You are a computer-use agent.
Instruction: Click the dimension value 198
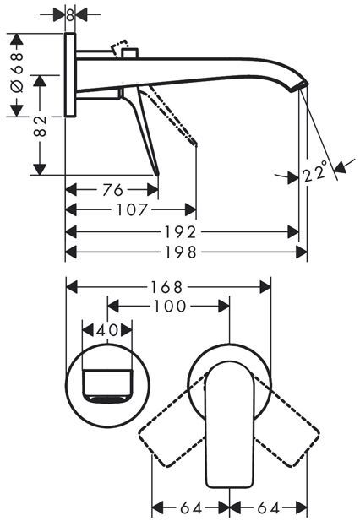pos(181,252)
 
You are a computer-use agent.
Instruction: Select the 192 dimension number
pos(181,232)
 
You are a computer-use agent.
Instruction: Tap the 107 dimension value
pos(132,210)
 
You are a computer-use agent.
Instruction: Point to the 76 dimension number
pos(113,190)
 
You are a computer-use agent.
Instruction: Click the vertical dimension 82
pos(41,127)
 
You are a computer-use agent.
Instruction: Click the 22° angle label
pos(314,171)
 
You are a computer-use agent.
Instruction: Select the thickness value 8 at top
pos(70,15)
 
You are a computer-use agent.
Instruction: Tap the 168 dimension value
pos(166,287)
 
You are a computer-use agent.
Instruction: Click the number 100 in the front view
pos(169,306)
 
